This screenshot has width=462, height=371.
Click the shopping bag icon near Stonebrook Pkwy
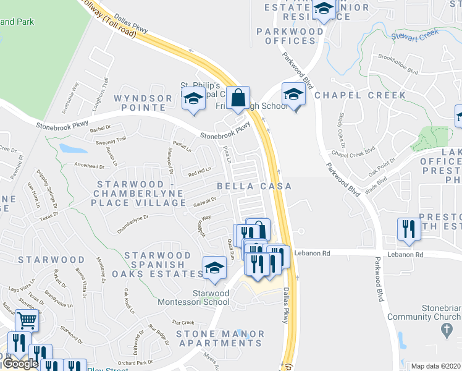[237, 98]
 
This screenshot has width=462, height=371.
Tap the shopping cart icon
[27, 320]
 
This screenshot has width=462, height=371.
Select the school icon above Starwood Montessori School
[214, 268]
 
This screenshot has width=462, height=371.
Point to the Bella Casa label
[253, 185]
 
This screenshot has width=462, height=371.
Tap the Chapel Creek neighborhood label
[361, 95]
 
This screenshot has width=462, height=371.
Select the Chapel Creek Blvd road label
[353, 150]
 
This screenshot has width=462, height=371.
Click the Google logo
[20, 364]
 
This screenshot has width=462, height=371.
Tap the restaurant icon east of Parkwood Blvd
[408, 231]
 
